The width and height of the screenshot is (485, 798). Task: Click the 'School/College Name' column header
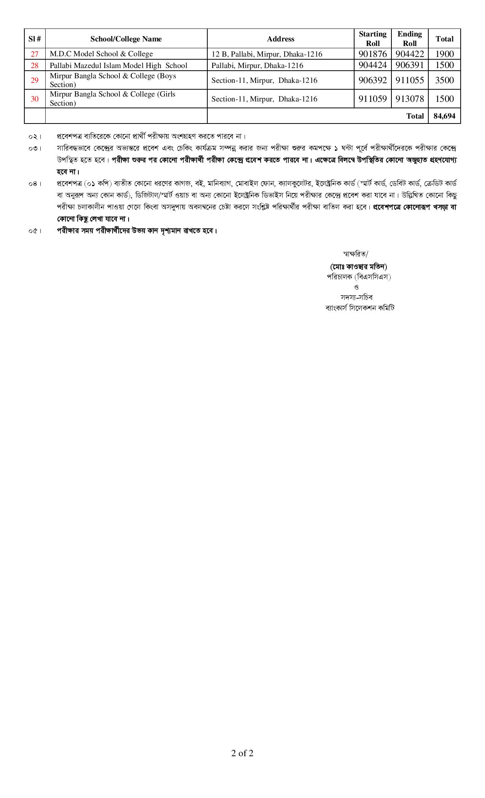126,39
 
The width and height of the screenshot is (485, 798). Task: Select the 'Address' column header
280,39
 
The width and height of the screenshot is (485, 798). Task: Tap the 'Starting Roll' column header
372,39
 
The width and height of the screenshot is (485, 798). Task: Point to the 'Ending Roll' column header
409,39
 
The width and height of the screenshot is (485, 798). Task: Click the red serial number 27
35,54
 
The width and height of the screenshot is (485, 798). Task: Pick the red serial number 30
35,99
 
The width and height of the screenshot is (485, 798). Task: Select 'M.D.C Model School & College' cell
101,54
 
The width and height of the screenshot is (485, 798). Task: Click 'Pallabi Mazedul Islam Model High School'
118,65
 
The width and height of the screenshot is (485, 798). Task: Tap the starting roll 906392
372,80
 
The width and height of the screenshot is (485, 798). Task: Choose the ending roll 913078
409,99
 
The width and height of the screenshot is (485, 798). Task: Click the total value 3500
444,80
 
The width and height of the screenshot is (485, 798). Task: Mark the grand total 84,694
444,116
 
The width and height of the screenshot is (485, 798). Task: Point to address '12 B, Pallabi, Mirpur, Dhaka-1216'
267,54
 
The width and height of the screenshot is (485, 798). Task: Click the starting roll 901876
372,54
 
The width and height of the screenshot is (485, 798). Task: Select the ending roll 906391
409,65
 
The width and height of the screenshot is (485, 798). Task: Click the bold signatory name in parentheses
358,266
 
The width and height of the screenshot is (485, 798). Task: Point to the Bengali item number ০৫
35,231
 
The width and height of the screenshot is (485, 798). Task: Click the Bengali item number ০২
35,136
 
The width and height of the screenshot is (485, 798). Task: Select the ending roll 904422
409,54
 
